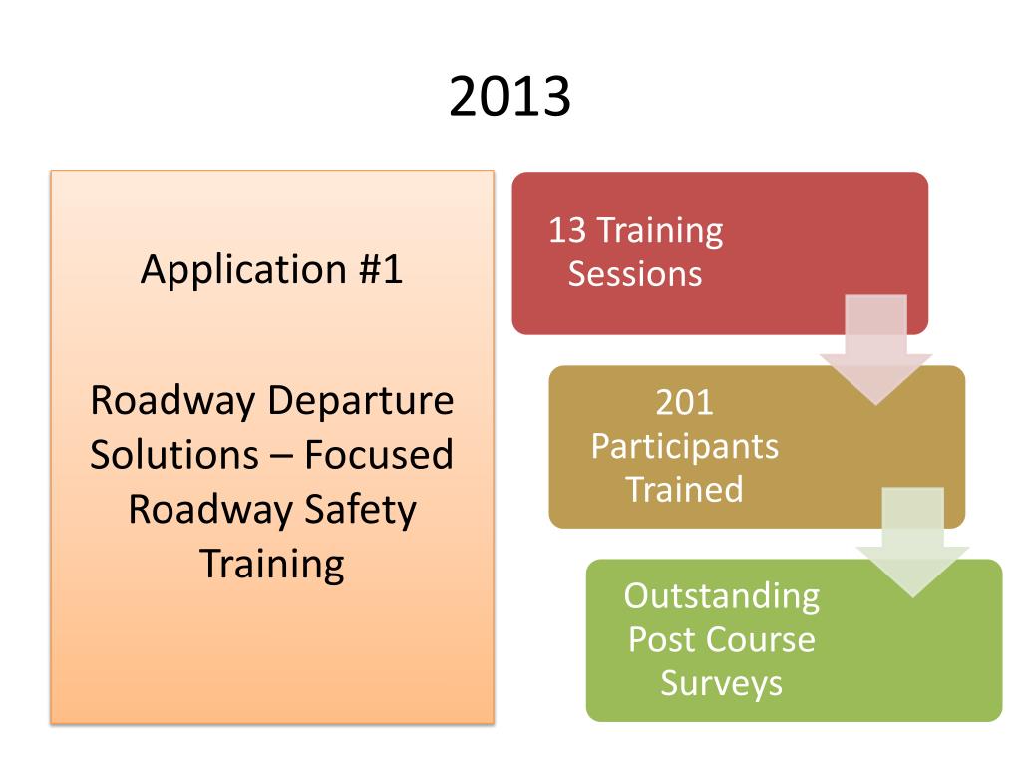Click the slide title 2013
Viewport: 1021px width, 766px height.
pos(510,97)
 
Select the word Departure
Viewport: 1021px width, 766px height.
pos(361,401)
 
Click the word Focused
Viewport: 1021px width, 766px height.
pos(379,455)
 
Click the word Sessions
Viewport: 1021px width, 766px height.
pos(635,274)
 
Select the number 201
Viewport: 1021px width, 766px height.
pos(685,402)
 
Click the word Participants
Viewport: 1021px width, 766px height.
pos(685,446)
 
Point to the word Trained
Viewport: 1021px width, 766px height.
pos(685,489)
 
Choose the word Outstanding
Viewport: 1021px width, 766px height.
pos(722,596)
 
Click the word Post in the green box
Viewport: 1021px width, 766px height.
pos(661,639)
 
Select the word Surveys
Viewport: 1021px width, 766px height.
pos(722,683)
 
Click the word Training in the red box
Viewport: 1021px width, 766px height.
pos(659,231)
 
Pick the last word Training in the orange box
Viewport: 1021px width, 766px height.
pos(272,564)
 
